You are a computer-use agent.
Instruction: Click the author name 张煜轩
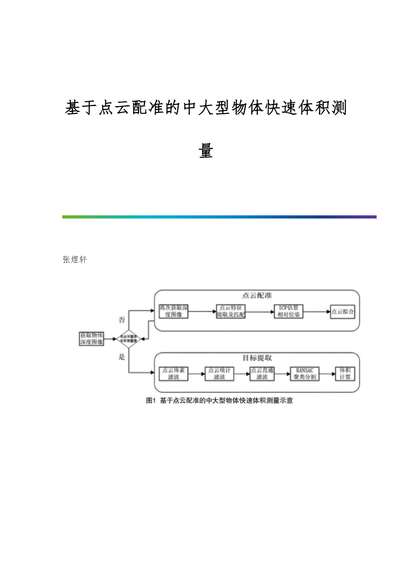[75, 260]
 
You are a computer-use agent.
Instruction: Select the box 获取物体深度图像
[91, 339]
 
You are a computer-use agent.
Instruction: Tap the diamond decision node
[129, 339]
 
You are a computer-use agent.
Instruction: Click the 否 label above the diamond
[121, 320]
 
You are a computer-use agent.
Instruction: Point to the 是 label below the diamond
[121, 357]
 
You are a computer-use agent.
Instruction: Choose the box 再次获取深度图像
[174, 311]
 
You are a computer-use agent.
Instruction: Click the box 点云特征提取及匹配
[231, 312]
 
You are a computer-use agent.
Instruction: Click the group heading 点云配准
[257, 296]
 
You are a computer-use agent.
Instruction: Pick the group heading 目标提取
[257, 358]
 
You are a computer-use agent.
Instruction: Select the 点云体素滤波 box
[173, 373]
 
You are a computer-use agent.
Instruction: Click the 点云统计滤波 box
[219, 373]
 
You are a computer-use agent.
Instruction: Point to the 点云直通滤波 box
[262, 373]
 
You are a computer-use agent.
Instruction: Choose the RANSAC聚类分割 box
[304, 373]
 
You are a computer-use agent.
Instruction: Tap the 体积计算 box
[345, 373]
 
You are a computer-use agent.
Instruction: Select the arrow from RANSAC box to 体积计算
[327, 373]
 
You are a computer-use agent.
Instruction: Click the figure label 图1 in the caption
[150, 401]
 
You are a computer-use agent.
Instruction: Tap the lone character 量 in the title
[206, 151]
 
